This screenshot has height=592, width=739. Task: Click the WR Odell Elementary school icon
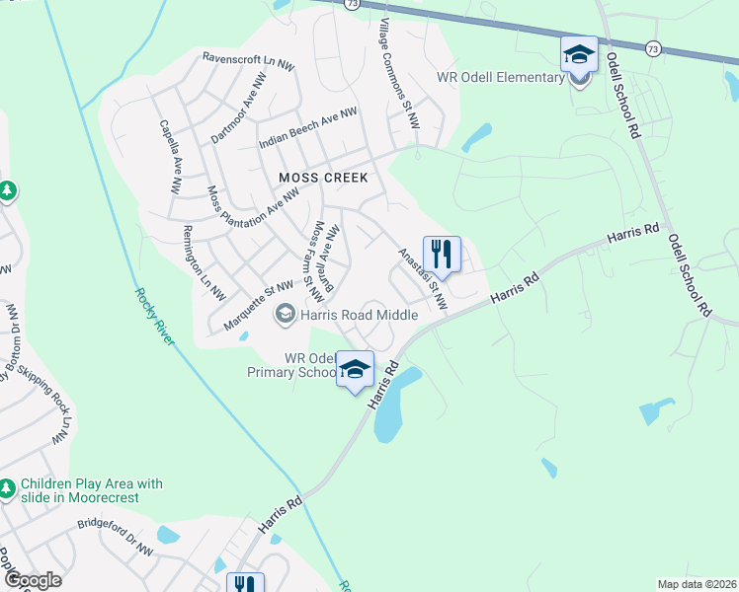[579, 55]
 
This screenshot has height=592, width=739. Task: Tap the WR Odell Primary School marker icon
[356, 369]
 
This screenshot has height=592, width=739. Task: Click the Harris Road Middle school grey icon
[286, 315]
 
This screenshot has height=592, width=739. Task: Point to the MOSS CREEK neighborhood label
[323, 178]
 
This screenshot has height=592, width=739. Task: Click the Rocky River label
[154, 316]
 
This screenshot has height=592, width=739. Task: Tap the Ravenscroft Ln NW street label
[248, 61]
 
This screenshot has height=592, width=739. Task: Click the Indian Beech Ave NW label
[307, 129]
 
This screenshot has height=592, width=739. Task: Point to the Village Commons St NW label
[400, 74]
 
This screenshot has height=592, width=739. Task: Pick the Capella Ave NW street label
[171, 156]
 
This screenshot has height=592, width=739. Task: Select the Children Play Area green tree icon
[8, 488]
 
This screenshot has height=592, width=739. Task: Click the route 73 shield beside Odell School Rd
[652, 47]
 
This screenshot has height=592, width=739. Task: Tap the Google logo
[33, 580]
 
